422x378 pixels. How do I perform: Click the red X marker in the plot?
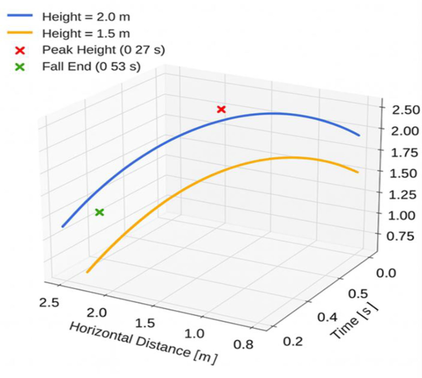(221, 110)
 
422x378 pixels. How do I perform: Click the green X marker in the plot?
(100, 213)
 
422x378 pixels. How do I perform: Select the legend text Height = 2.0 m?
(86, 17)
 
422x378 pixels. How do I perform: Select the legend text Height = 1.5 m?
(86, 34)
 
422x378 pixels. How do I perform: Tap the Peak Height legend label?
(103, 50)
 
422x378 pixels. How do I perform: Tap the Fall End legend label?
(91, 67)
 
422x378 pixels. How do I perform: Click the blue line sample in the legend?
(20, 16)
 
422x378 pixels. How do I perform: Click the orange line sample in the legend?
(20, 33)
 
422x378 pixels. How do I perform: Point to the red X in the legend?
(20, 51)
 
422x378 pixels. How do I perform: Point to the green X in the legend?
(20, 67)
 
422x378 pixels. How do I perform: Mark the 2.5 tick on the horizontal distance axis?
(49, 302)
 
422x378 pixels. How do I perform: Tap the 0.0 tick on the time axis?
(386, 273)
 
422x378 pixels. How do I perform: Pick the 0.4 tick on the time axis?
(327, 317)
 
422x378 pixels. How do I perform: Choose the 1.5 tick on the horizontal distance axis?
(145, 323)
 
